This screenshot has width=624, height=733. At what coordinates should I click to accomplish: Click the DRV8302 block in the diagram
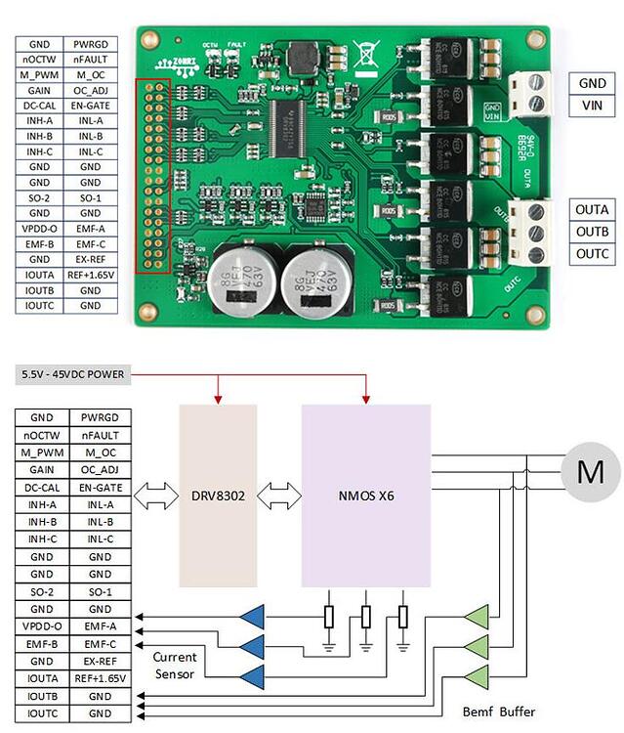click(x=218, y=496)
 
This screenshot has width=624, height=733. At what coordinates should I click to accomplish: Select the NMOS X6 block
click(x=366, y=496)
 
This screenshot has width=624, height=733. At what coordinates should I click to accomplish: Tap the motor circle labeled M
click(x=590, y=473)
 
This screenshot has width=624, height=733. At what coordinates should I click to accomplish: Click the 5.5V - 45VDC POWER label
click(x=73, y=375)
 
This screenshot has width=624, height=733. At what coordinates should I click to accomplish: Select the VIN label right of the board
click(x=592, y=105)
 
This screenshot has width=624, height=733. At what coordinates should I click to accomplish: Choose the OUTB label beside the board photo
click(x=592, y=232)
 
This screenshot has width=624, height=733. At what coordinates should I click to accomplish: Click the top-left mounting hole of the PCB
click(x=148, y=40)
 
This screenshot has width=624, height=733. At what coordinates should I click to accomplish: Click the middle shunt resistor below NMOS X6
click(x=366, y=618)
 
